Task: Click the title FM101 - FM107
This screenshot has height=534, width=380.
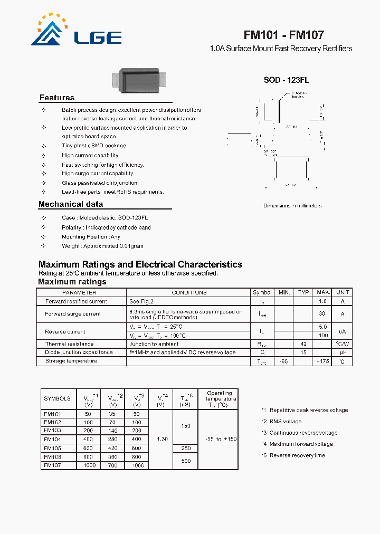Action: click(283, 35)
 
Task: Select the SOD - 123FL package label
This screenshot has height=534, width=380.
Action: click(286, 80)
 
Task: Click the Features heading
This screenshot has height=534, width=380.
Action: click(57, 98)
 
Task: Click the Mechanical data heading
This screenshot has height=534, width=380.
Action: click(71, 204)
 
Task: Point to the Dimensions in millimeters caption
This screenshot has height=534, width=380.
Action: click(292, 206)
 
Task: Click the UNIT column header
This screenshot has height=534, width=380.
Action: click(343, 292)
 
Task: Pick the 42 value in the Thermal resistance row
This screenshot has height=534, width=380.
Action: click(303, 344)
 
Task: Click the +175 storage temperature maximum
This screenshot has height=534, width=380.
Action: click(322, 361)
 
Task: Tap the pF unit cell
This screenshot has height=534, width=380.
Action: click(343, 352)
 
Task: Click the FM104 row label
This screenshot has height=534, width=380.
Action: click(52, 439)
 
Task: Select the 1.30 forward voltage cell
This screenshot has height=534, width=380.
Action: click(161, 439)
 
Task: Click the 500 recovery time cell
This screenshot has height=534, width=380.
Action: click(186, 461)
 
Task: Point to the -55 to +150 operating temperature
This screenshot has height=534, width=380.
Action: click(219, 439)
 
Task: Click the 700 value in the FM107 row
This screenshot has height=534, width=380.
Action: click(112, 466)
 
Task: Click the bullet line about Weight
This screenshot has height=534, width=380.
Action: click(102, 246)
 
